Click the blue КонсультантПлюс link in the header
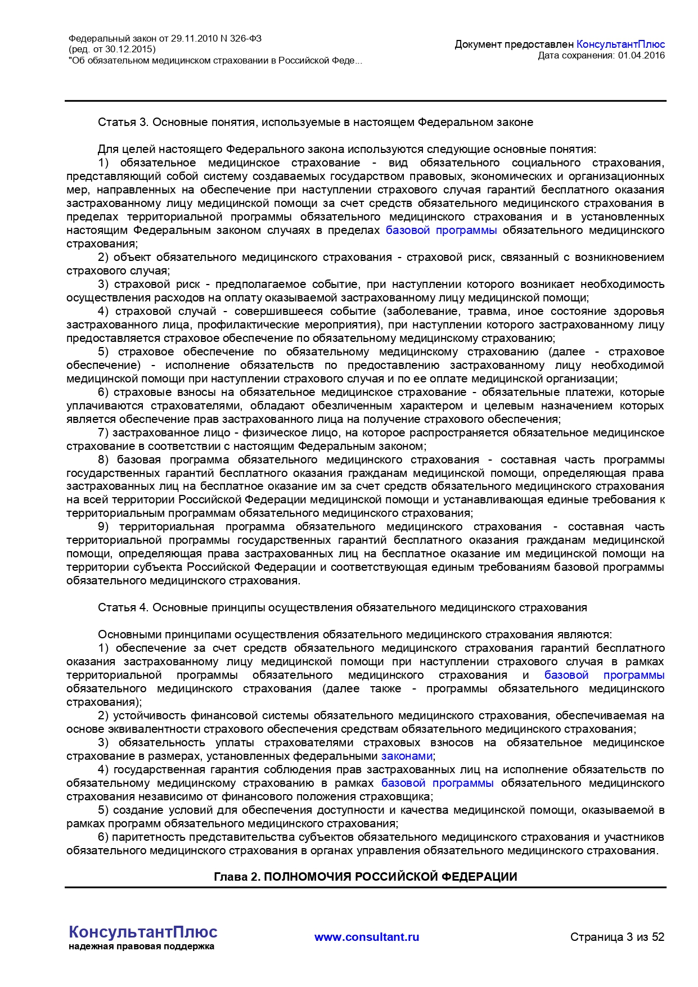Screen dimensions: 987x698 click(620, 44)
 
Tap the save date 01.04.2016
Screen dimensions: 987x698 click(641, 55)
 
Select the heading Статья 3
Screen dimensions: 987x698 click(123, 122)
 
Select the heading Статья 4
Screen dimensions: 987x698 click(123, 607)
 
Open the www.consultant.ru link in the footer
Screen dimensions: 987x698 click(367, 936)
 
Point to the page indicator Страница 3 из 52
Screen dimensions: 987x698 click(617, 936)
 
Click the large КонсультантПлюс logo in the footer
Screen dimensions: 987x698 click(143, 932)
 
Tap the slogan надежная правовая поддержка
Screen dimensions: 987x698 click(141, 946)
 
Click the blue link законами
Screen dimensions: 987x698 click(407, 756)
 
